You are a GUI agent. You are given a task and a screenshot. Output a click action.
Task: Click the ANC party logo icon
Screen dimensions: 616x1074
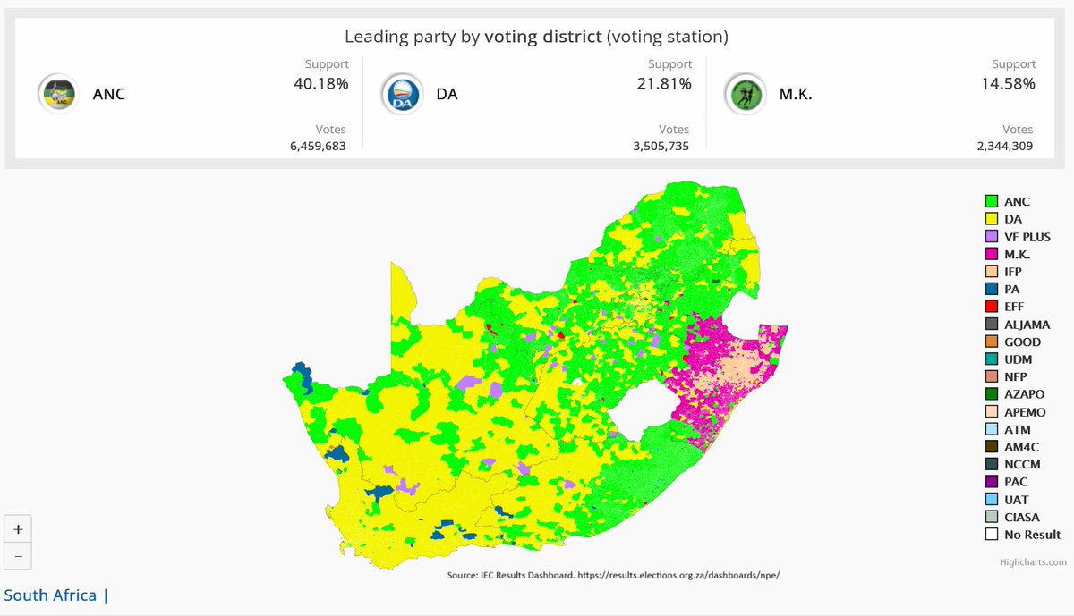60,93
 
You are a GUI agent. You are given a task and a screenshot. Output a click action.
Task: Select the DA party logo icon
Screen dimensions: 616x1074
403,93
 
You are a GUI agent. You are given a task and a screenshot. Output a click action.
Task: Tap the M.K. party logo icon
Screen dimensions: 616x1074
746,93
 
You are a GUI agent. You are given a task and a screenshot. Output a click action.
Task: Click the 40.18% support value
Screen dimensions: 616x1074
320,84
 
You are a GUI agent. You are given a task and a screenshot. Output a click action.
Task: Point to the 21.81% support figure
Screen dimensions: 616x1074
663,84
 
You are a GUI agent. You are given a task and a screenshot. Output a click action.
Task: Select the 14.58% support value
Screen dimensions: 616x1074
1007,84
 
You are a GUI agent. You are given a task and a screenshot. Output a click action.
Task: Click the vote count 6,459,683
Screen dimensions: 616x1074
318,145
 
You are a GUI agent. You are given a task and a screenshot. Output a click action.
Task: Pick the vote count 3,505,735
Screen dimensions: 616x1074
661,145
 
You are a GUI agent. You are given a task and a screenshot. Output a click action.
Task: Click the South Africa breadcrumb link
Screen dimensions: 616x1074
50,595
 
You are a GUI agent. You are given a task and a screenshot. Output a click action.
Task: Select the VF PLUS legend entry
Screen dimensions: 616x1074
1025,237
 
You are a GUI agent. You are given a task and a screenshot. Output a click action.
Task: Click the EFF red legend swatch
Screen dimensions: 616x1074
992,307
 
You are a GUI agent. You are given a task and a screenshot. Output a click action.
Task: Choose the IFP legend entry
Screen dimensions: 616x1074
1012,272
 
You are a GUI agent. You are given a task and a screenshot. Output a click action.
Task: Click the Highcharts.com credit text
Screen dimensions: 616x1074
1033,562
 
